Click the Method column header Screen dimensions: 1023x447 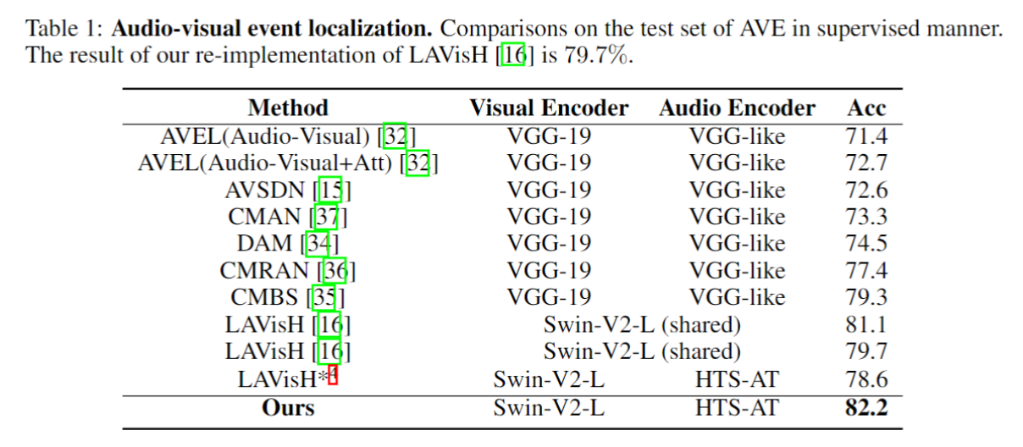tap(288, 108)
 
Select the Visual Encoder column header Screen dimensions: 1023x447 tap(549, 108)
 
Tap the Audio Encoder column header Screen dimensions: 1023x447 tap(737, 108)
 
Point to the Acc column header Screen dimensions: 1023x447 tap(866, 108)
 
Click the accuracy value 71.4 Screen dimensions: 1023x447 tap(866, 136)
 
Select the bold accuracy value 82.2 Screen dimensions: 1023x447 tap(866, 407)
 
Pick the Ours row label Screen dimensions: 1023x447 tap(288, 407)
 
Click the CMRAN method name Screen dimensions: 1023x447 tap(264, 270)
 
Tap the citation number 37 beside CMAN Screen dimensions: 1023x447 tap(327, 217)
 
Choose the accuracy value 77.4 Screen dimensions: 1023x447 tap(866, 270)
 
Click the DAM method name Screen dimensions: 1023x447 tap(264, 243)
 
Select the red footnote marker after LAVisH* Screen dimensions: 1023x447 tap(333, 375)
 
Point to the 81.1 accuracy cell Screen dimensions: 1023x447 tap(865, 324)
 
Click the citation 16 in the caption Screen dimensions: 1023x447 tap(513, 54)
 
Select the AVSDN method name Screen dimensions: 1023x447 tap(264, 190)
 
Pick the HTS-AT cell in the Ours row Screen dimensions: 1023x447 tap(737, 407)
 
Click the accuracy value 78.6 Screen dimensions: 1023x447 tap(866, 379)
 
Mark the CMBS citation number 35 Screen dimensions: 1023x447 tap(323, 298)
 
